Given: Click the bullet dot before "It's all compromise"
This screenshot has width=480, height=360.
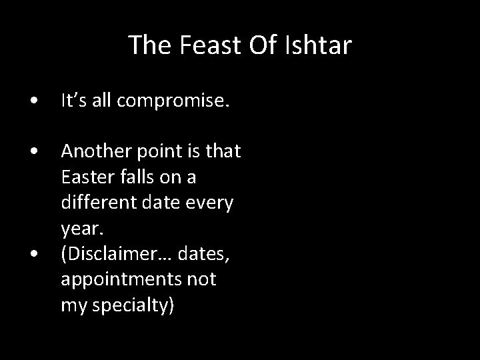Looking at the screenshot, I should pos(33,102).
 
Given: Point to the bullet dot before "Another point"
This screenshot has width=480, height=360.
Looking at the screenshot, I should pos(33,153).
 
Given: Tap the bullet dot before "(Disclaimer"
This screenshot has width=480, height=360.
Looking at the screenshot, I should pos(33,254).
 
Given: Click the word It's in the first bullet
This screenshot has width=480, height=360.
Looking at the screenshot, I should pos(73,102).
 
